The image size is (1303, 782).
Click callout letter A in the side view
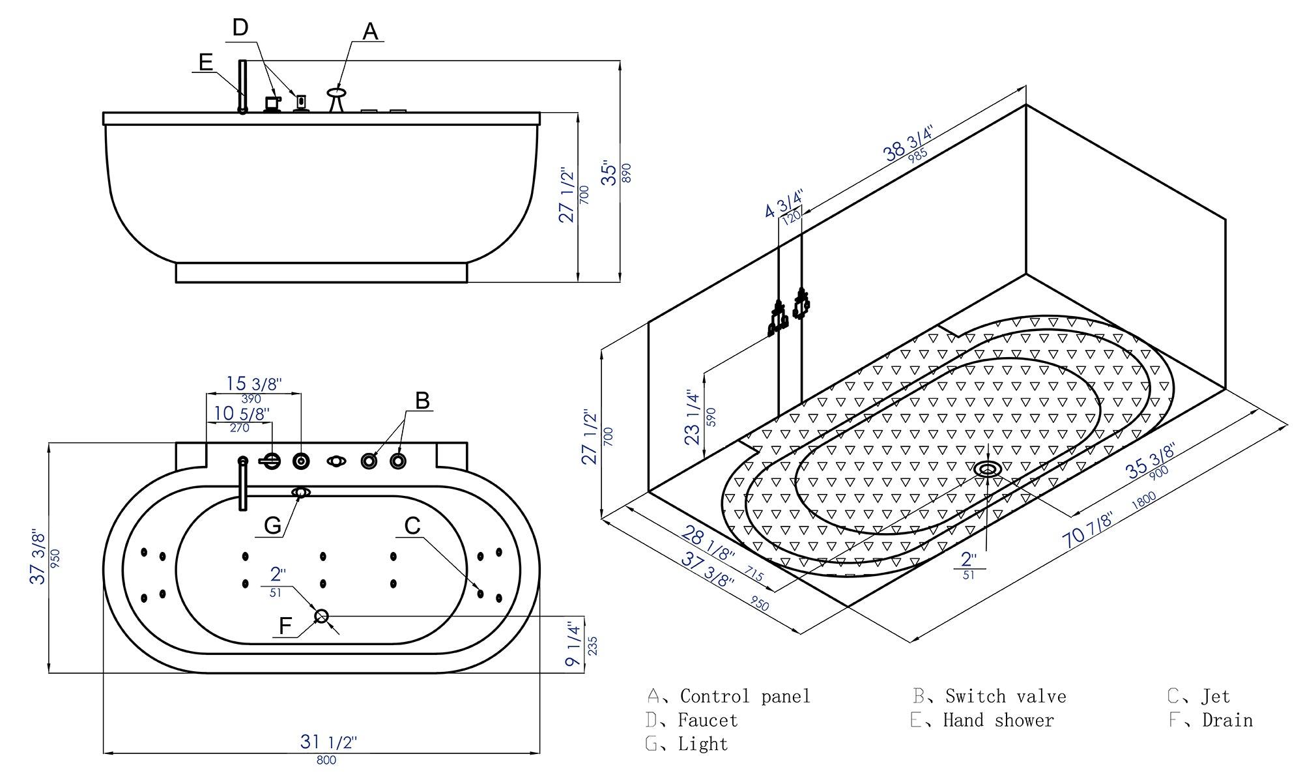click(370, 31)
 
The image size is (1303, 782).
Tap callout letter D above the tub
click(240, 28)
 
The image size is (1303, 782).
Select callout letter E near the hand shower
click(206, 62)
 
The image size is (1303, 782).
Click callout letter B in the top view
click(422, 400)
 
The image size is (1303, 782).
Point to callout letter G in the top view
click(272, 525)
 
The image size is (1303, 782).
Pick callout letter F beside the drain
click(285, 626)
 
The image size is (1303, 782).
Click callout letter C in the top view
click(412, 525)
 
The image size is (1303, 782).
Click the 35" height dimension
click(609, 173)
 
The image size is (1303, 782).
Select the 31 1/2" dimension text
click(328, 742)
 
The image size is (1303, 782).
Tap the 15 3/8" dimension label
click(253, 384)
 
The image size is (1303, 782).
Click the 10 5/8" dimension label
click(242, 413)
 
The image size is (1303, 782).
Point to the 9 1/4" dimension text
click(573, 644)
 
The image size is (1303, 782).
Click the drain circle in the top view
click(321, 616)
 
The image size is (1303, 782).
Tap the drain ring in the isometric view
click(988, 469)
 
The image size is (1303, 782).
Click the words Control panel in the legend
click(745, 697)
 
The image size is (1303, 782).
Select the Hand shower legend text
click(997, 721)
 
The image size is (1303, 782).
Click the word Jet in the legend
click(1216, 697)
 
